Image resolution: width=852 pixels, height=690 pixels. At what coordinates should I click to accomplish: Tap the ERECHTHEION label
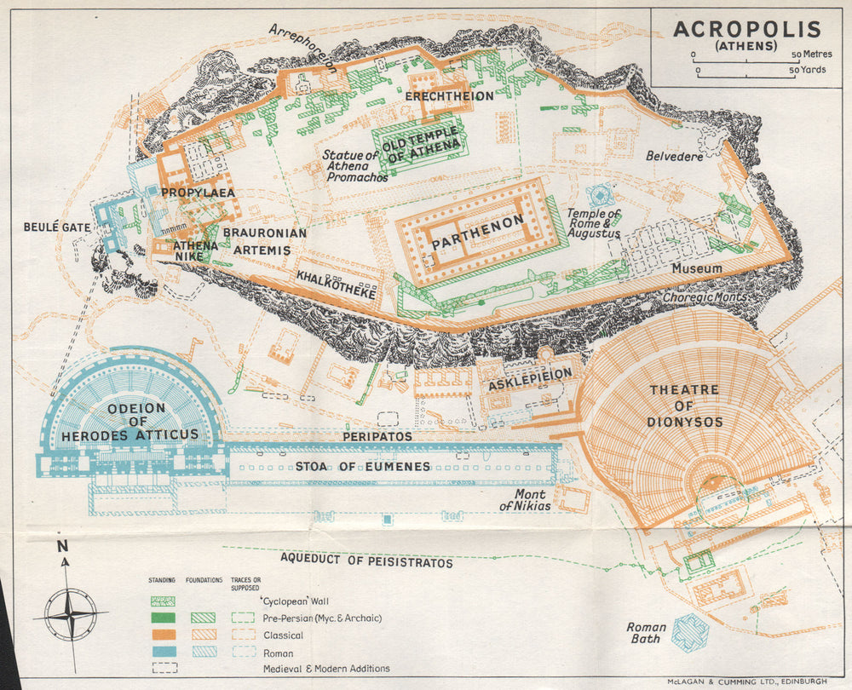point(449,96)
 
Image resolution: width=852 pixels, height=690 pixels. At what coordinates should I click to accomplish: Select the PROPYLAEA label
point(198,193)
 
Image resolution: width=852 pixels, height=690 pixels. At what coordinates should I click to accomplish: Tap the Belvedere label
point(674,157)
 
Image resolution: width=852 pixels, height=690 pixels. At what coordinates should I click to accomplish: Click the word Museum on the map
point(696,268)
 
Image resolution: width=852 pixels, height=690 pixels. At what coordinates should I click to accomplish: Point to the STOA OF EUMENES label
point(362,466)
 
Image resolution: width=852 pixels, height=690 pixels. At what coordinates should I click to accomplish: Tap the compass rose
point(70,613)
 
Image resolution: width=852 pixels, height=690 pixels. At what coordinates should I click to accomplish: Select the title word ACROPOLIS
point(747,29)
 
